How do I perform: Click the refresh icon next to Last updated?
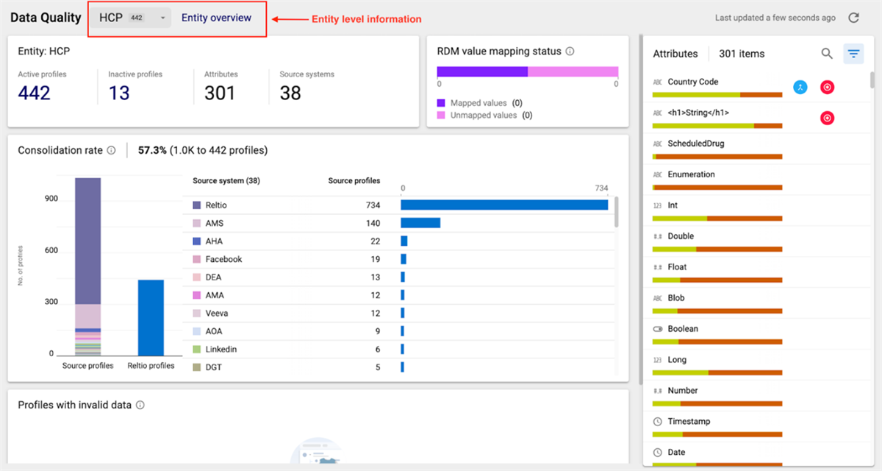[x=853, y=18]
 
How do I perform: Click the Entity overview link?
[x=216, y=18]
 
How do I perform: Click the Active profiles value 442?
[x=35, y=93]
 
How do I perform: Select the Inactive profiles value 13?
[x=119, y=93]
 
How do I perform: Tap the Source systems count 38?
[x=290, y=93]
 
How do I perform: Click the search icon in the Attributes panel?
[x=827, y=53]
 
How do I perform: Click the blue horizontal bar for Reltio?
[x=504, y=205]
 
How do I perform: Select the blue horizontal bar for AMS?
[x=420, y=222]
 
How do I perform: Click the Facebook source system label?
[x=223, y=259]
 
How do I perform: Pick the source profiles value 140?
[x=373, y=223]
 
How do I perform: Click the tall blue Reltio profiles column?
[x=151, y=317]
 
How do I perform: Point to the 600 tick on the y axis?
[x=51, y=251]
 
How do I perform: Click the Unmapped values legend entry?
[x=484, y=116]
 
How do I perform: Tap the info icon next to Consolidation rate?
[x=112, y=150]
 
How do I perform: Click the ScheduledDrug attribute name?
[x=695, y=144]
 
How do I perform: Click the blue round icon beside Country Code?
[x=800, y=87]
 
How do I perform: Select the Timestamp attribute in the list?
[x=688, y=422]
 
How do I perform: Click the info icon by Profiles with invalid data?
[x=140, y=405]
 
